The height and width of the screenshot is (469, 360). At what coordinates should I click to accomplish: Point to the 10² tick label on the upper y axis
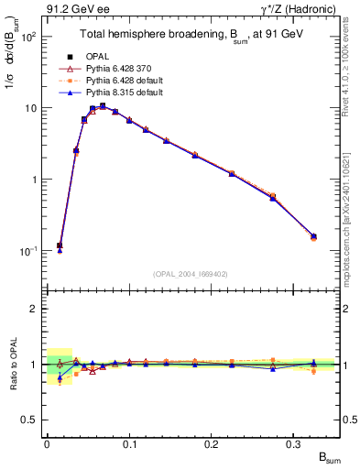[29, 38]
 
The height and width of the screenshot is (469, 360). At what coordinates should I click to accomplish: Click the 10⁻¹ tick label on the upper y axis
[28, 251]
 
